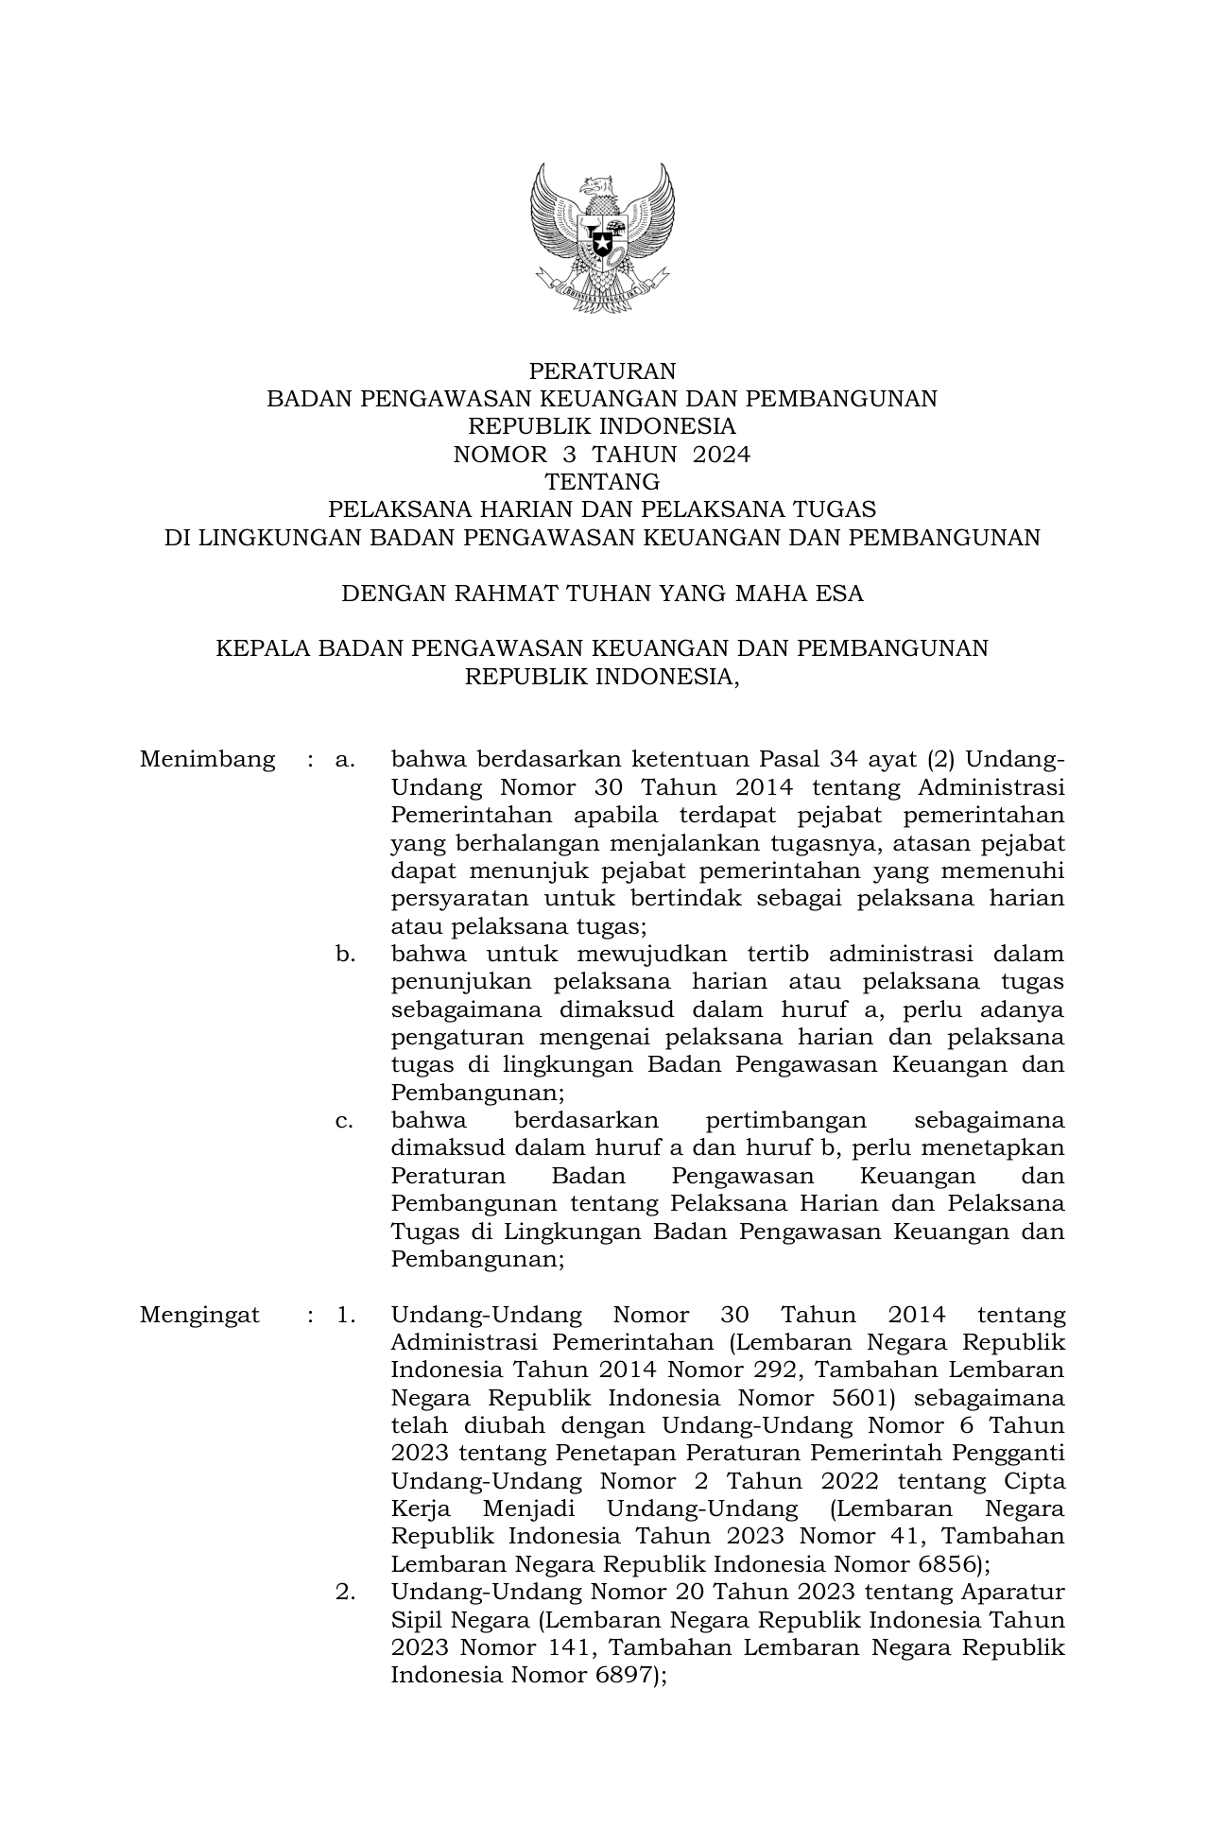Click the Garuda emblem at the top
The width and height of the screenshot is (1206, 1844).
pos(602,237)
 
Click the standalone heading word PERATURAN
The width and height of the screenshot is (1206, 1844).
pos(602,371)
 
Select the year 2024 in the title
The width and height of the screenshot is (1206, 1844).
pos(721,455)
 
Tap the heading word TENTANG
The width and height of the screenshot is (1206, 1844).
pos(602,483)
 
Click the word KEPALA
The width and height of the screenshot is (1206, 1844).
pos(263,648)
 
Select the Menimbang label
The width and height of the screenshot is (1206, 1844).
pos(207,760)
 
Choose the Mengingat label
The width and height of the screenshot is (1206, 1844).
pos(199,1316)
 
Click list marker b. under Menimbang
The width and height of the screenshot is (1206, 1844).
pos(345,955)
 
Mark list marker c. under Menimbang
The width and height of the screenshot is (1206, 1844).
pos(345,1121)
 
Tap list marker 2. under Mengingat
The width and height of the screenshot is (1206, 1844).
pos(345,1593)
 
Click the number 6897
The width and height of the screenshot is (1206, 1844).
pos(622,1677)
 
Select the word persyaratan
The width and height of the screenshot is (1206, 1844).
pos(459,899)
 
